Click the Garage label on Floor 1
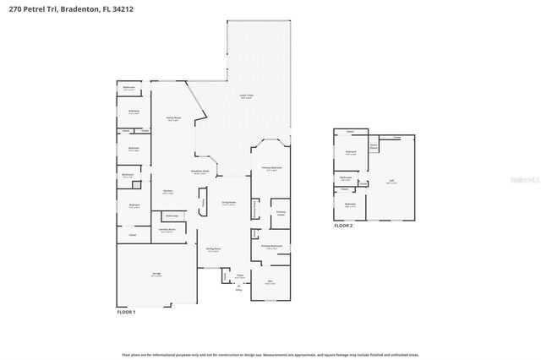[157, 275]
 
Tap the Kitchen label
[167, 192]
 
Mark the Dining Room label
[213, 249]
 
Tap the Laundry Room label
[167, 230]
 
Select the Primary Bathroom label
[271, 247]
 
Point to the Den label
[270, 282]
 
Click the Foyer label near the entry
[239, 275]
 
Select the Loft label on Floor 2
[391, 181]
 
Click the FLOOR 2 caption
[342, 226]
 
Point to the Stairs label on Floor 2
[373, 145]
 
